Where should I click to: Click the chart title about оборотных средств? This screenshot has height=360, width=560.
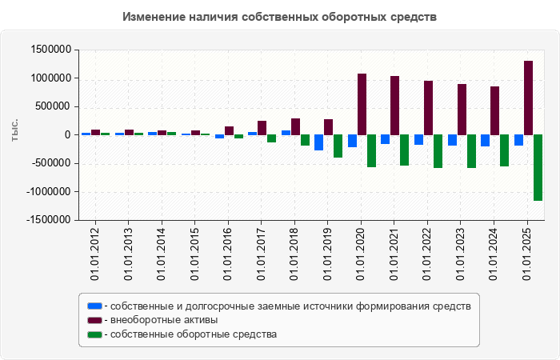point(280,17)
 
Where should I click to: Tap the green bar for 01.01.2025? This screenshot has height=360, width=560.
point(538,167)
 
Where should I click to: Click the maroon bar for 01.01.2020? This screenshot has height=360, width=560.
point(362,104)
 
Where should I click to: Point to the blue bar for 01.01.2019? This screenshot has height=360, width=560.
point(318,142)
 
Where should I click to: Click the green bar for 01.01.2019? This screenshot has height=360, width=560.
point(338,146)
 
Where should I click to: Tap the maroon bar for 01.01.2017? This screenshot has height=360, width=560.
point(262,127)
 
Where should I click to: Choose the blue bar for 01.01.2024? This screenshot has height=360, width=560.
point(485,140)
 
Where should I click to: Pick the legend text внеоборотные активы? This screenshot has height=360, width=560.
point(163,320)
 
